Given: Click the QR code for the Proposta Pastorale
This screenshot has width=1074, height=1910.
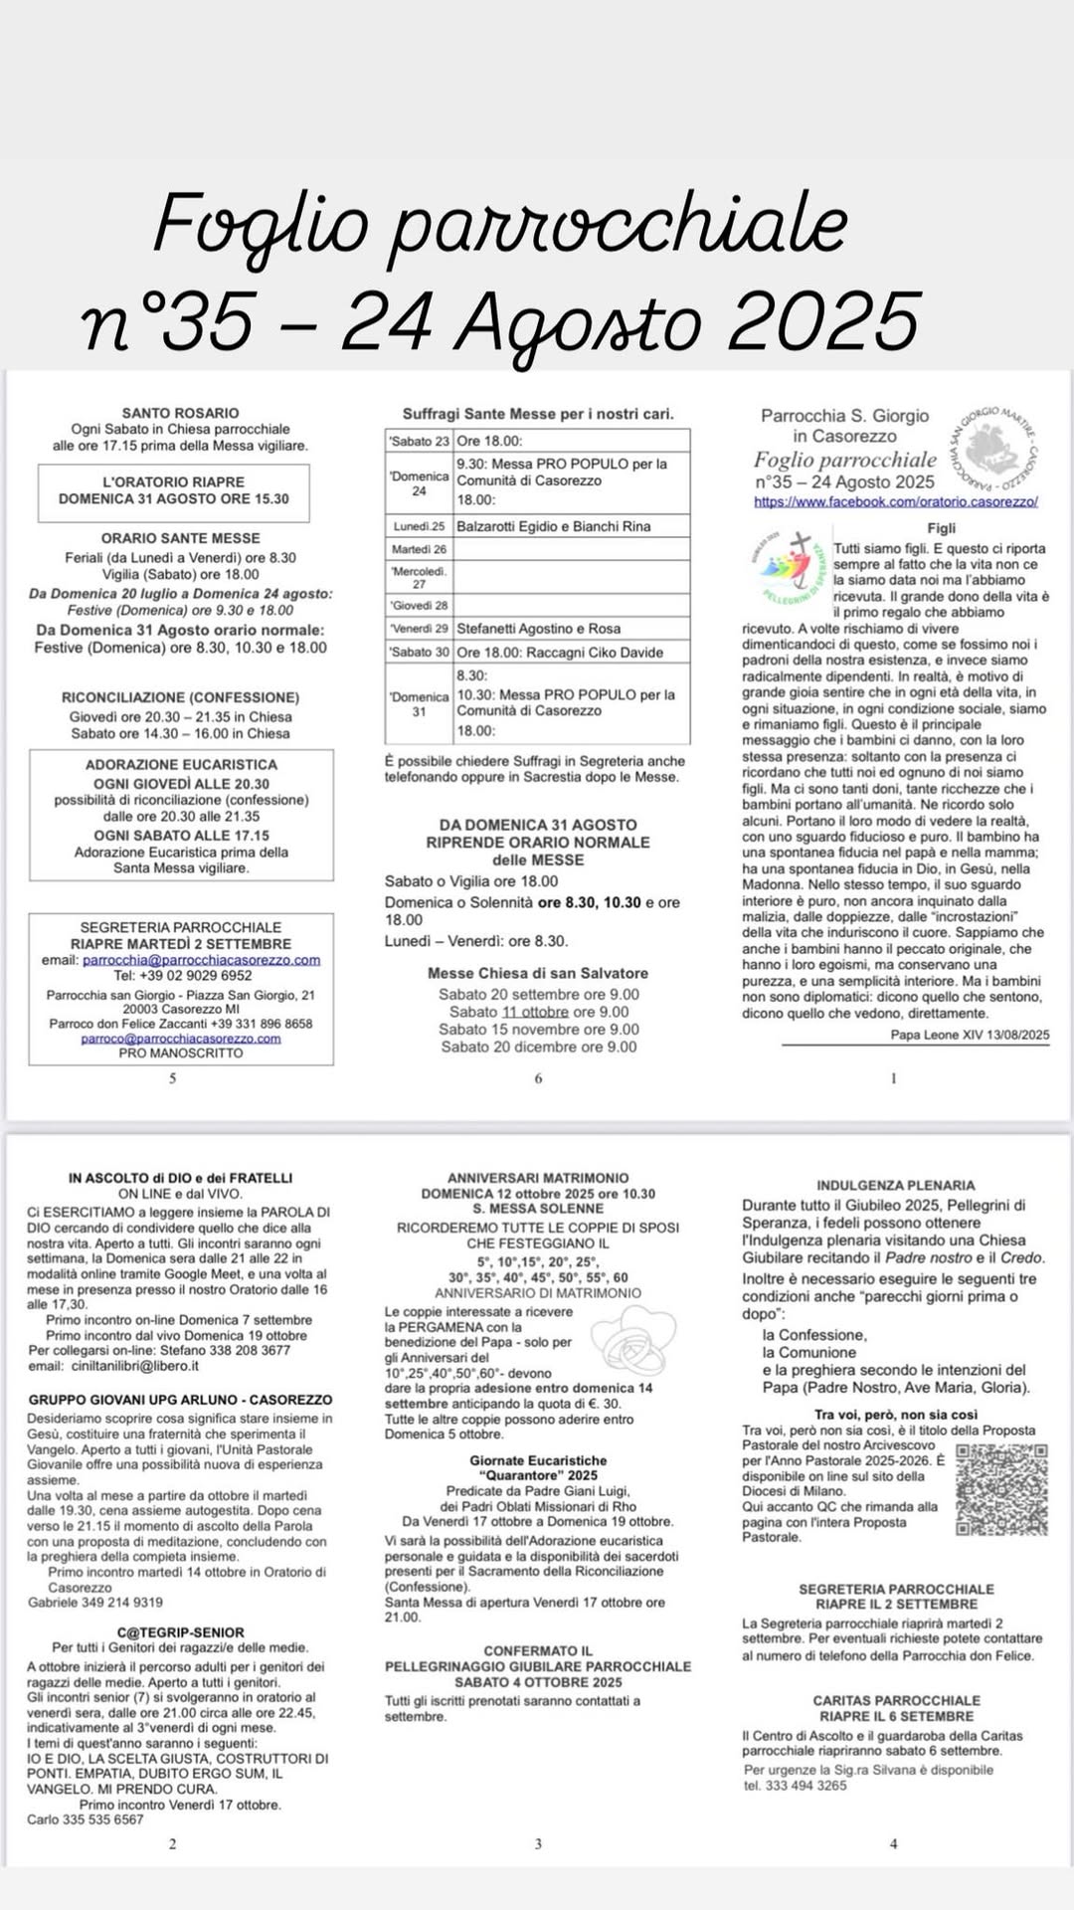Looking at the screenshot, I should coord(1001,1489).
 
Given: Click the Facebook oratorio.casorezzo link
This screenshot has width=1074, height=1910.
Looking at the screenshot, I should coord(895,501).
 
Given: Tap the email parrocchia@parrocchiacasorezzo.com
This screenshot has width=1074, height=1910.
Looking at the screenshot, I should coord(201,960).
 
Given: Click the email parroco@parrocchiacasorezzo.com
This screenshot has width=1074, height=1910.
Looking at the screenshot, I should coord(180,1038).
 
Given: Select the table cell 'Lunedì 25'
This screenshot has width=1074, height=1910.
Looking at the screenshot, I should coord(419,526).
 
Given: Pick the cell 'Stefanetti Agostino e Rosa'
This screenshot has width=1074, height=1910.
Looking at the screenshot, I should coord(538,629).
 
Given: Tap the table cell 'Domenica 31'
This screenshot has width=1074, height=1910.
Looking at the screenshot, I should coord(419,703).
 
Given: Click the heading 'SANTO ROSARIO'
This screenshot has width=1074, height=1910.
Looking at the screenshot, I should coord(180,413).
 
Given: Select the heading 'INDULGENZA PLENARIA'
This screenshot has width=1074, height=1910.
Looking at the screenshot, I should coord(895,1185).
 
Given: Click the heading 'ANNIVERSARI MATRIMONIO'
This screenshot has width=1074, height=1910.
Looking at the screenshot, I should coord(537,1178).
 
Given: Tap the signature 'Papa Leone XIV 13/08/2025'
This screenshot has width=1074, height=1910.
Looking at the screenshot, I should coord(970,1035).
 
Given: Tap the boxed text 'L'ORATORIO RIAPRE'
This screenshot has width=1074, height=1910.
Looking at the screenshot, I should coord(173,481).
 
